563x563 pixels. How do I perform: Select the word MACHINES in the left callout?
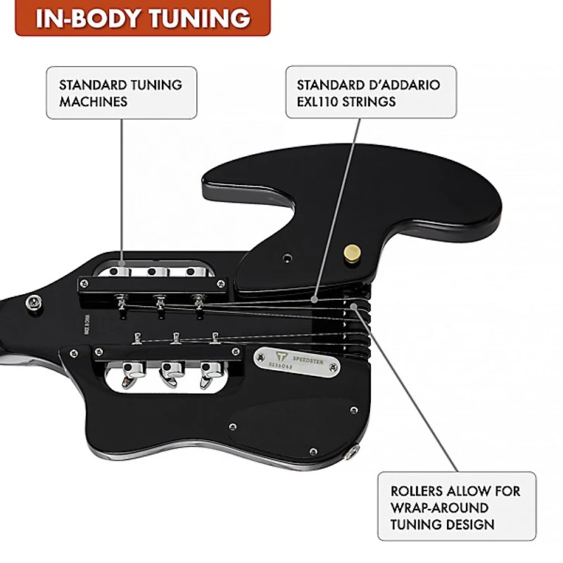tap(93, 101)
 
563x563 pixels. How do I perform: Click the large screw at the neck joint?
tap(32, 303)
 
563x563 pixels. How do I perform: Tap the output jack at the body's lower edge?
tap(350, 455)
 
